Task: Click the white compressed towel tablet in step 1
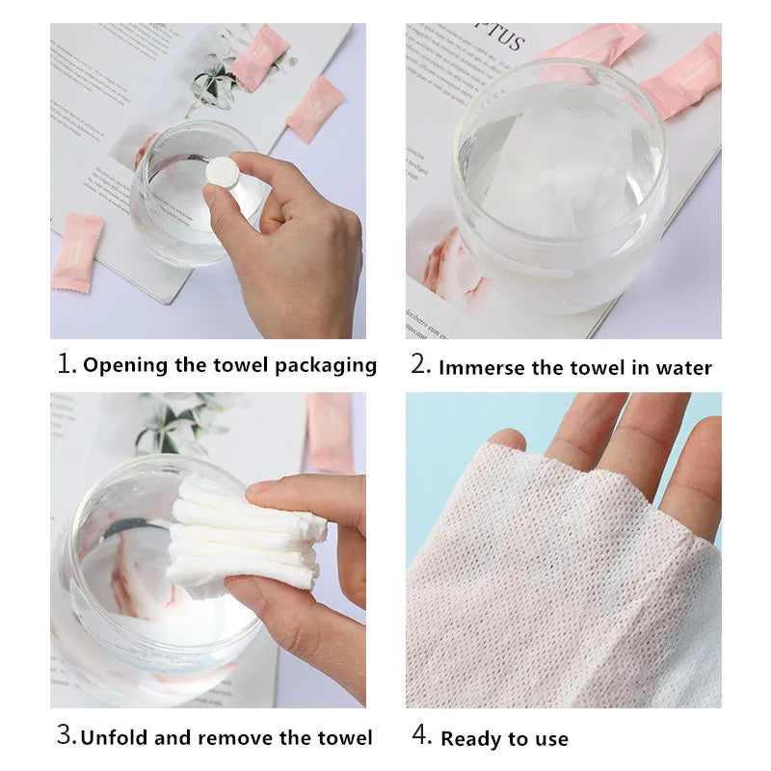(222, 173)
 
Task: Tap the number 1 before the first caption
(65, 364)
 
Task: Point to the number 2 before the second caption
(419, 365)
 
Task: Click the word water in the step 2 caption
(683, 367)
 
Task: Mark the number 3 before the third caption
(65, 736)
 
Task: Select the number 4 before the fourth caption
(421, 736)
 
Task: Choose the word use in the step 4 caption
(549, 739)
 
